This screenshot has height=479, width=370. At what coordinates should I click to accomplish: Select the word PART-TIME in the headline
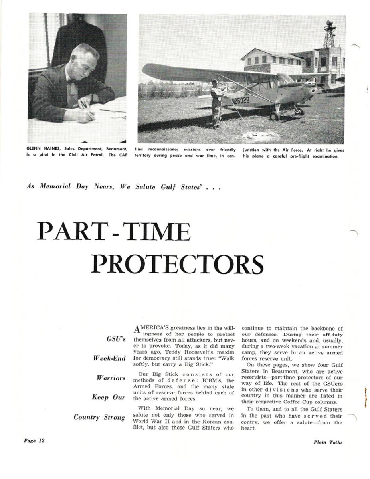tap(113, 232)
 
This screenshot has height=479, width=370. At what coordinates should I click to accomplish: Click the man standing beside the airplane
tap(216, 102)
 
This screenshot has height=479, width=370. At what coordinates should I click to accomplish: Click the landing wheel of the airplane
tap(274, 116)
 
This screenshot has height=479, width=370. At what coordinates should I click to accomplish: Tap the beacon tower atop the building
tap(330, 34)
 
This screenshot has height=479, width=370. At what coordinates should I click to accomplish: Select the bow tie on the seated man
tap(71, 82)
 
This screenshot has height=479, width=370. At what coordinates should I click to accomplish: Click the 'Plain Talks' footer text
tap(327, 442)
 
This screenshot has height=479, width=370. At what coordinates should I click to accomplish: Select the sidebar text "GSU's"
tap(116, 339)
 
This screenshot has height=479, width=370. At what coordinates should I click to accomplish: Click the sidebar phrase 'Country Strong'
tap(99, 417)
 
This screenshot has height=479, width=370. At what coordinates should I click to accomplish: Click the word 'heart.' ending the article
tap(248, 428)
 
